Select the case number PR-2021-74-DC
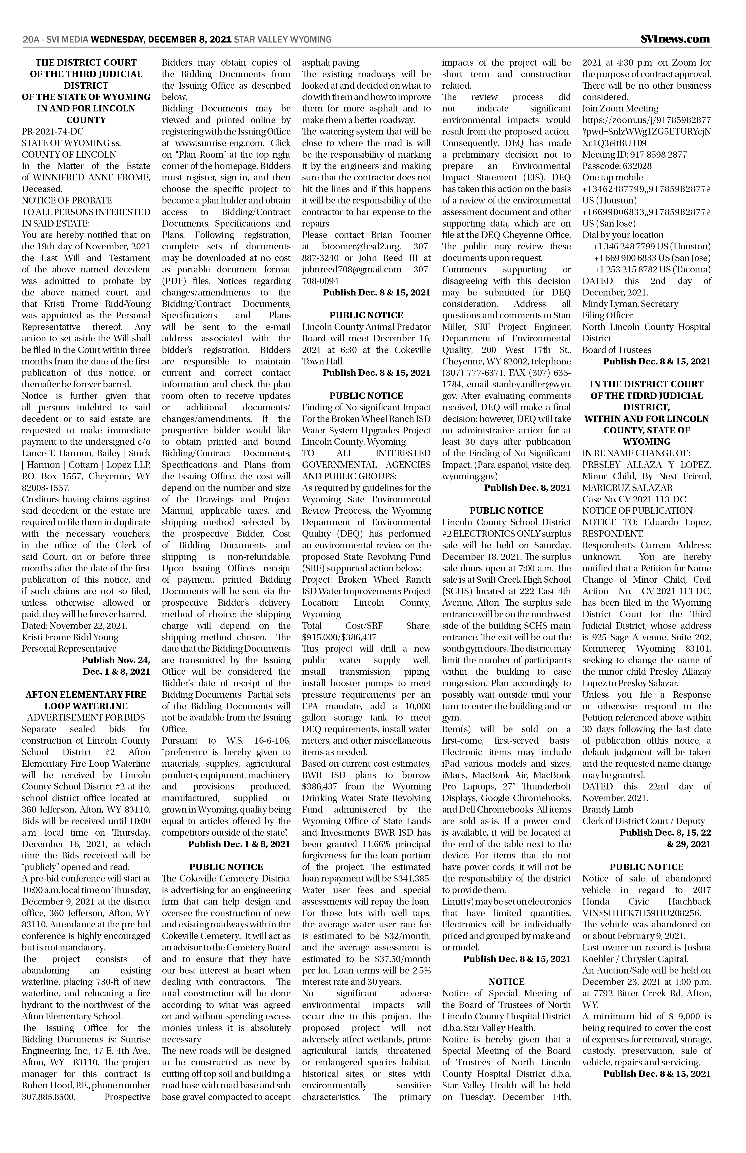click(50, 132)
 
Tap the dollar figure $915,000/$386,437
click(339, 638)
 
